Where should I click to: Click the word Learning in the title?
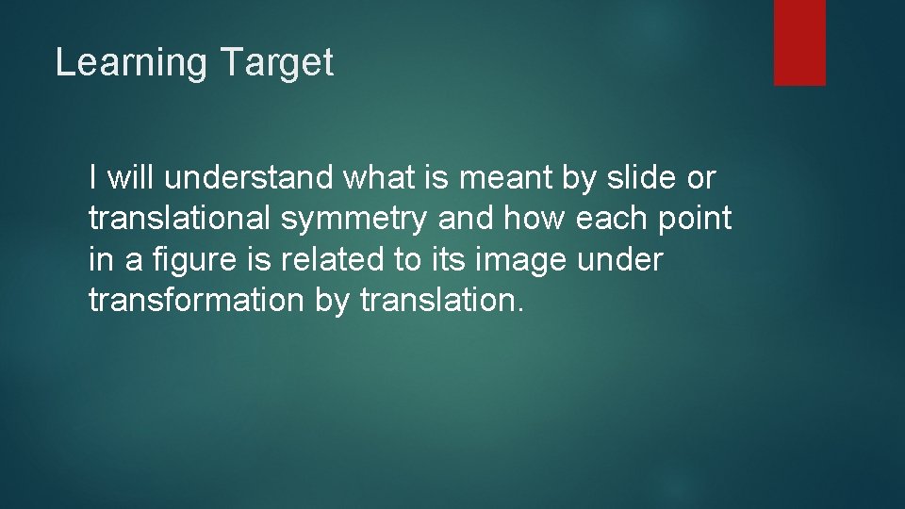click(131, 63)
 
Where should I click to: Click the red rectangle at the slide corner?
click(799, 42)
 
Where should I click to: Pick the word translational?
click(179, 219)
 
